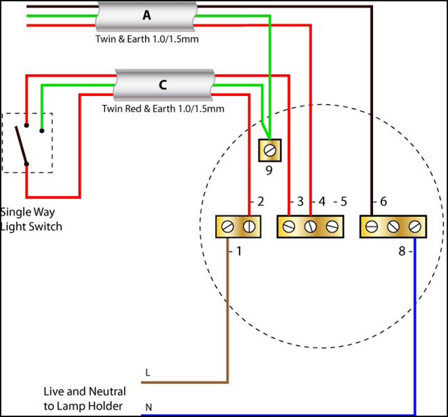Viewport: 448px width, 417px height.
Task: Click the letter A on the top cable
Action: click(146, 15)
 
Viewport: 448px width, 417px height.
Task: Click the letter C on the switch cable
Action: click(163, 85)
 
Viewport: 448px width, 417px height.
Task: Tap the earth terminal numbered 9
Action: click(270, 150)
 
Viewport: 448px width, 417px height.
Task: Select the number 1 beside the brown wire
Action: click(239, 251)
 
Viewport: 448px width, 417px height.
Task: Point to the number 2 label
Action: click(260, 202)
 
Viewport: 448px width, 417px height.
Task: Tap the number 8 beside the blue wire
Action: click(402, 251)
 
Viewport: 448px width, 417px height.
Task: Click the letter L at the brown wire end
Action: click(148, 373)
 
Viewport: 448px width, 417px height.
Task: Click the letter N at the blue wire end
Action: click(148, 406)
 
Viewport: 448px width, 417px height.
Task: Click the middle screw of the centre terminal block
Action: click(310, 227)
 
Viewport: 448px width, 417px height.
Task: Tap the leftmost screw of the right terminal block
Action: click(371, 227)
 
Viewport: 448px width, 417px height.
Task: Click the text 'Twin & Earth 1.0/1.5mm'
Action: click(146, 39)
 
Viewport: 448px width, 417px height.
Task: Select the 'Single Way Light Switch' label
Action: click(31, 219)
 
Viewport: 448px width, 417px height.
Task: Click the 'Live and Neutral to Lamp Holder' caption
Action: click(84, 398)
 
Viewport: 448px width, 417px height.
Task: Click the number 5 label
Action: click(342, 202)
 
